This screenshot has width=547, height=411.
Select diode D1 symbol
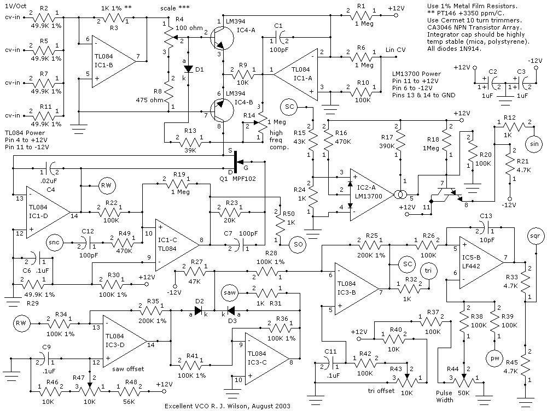point(188,69)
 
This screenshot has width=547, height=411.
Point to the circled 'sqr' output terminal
point(534,237)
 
